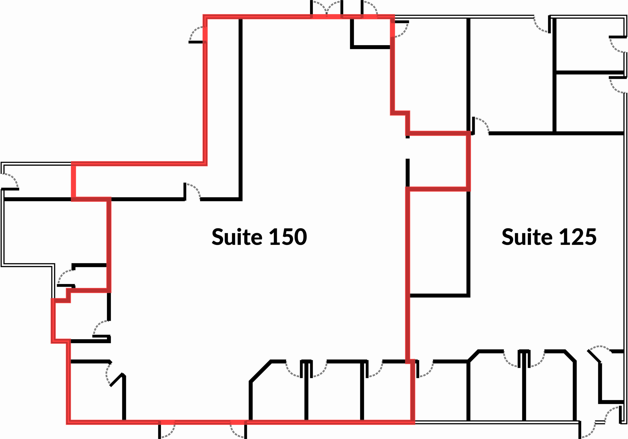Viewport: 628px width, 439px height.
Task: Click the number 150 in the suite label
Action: pos(288,237)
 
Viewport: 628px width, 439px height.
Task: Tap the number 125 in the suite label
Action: pos(578,237)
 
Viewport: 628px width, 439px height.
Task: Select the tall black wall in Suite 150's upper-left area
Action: pos(240,110)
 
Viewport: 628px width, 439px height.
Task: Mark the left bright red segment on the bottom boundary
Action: pos(167,422)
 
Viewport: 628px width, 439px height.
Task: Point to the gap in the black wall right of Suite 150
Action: pos(407,149)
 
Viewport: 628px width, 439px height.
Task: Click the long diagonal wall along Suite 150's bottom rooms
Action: pos(260,372)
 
